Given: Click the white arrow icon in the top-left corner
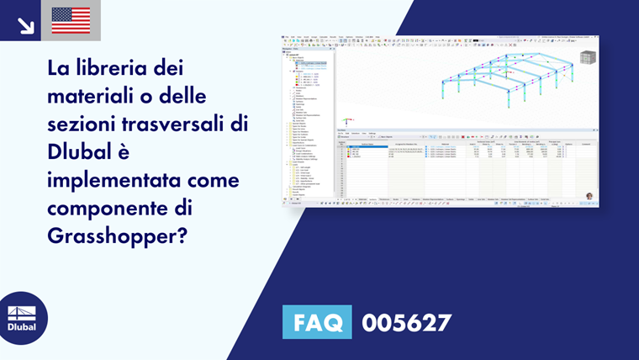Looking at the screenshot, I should pyautogui.click(x=25, y=25).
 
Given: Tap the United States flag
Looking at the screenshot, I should pyautogui.click(x=71, y=20).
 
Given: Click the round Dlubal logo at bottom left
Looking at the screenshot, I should pyautogui.click(x=23, y=318).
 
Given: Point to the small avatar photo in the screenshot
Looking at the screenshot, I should pyautogui.click(x=589, y=196).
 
